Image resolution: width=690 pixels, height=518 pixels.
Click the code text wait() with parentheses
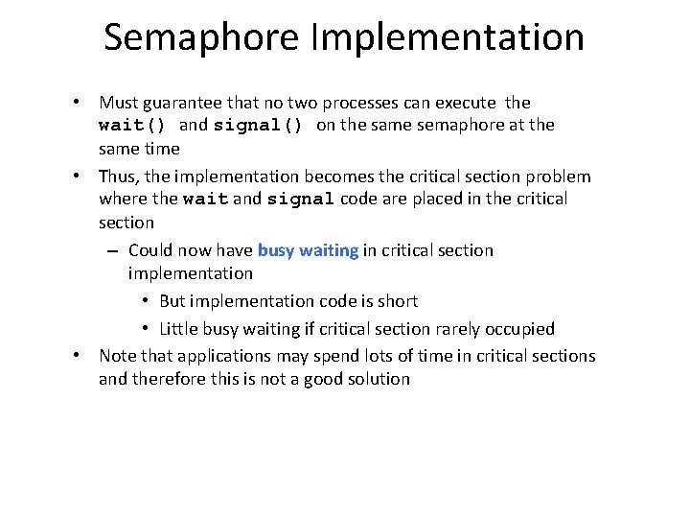[133, 125]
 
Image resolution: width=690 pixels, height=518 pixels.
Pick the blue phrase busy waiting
[308, 250]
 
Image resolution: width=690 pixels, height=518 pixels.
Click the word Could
[151, 250]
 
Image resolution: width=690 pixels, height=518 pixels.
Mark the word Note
[117, 356]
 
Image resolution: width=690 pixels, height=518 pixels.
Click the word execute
[464, 103]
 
